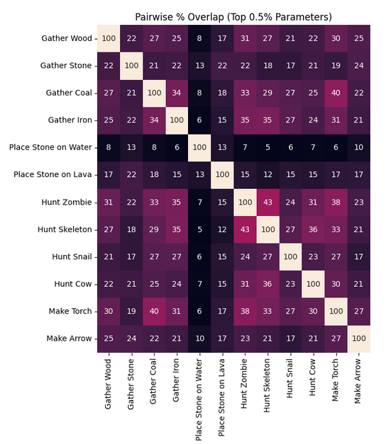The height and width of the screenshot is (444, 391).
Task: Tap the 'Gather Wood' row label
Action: (67, 38)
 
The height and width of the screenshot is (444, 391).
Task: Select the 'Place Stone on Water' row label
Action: (50, 147)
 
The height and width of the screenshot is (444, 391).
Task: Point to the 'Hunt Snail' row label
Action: (72, 256)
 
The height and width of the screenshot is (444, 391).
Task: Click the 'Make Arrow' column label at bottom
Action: (358, 381)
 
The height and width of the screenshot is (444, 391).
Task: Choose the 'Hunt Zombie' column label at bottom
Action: (244, 384)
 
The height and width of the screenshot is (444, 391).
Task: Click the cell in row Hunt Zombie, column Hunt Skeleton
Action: (268, 203)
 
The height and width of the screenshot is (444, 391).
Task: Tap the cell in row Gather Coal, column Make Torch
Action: (336, 93)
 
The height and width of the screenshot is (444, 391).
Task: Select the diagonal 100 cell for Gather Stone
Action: (131, 66)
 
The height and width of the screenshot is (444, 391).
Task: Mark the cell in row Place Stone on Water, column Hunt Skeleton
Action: (268, 147)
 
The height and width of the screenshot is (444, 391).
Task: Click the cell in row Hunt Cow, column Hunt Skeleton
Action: (268, 284)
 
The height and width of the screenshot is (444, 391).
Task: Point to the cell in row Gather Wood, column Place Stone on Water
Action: (199, 38)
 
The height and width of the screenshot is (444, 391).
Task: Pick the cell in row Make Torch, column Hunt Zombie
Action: (245, 311)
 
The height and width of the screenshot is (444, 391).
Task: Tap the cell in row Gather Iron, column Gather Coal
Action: (154, 120)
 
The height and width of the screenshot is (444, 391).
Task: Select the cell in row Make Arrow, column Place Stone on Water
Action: (199, 338)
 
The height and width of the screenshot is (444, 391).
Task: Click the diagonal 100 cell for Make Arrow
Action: (358, 338)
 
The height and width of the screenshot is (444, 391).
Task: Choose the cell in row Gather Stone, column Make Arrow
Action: (358, 66)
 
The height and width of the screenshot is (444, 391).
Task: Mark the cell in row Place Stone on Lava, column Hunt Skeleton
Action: (268, 175)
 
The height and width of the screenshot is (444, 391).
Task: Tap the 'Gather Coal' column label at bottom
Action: (153, 381)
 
